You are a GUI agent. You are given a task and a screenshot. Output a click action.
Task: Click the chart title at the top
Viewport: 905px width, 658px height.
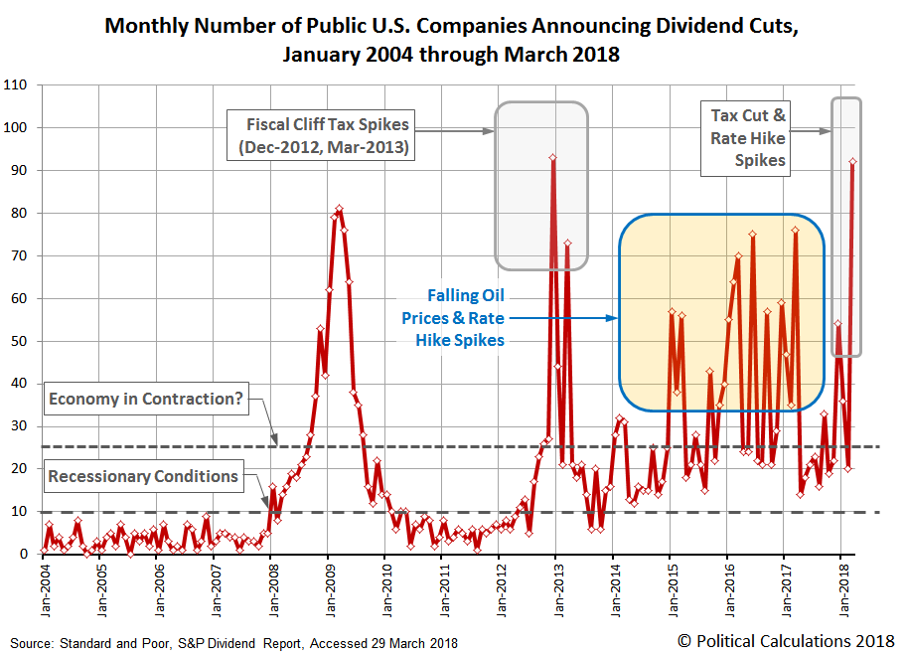[451, 40]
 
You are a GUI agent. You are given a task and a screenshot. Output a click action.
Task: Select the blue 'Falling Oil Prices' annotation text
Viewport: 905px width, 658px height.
[452, 318]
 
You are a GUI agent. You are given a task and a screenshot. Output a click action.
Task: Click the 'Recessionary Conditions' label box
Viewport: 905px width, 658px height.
[143, 476]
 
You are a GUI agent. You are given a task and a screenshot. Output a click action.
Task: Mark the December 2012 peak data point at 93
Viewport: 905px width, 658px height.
[552, 157]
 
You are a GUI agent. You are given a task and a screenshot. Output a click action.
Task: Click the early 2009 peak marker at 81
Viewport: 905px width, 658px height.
[340, 209]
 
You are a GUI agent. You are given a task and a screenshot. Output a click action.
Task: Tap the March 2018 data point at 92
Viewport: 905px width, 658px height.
[853, 162]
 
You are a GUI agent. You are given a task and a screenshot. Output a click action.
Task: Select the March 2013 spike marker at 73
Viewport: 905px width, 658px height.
[567, 243]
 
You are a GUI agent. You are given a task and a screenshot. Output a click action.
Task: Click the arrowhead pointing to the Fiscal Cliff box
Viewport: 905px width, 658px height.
[490, 131]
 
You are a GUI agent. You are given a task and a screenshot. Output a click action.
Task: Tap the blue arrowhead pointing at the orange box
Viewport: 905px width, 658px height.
[613, 318]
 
